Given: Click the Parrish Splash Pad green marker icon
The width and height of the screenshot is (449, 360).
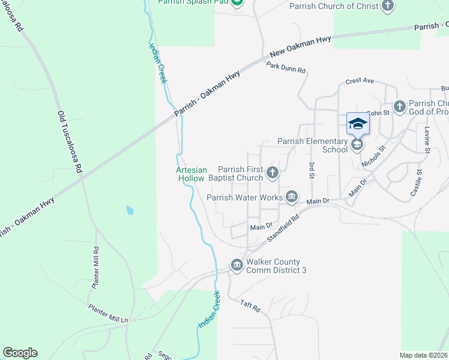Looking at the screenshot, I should pyautogui.click(x=237, y=2).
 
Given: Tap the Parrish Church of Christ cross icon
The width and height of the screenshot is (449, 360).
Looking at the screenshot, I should pyautogui.click(x=388, y=6).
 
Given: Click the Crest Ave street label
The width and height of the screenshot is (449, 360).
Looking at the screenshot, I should pyautogui.click(x=360, y=81).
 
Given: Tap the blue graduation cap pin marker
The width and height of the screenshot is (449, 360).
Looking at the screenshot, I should pyautogui.click(x=358, y=124).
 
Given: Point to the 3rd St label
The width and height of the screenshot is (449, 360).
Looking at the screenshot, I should pyautogui.click(x=312, y=170).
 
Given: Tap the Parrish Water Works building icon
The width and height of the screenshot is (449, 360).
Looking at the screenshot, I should pyautogui.click(x=292, y=197).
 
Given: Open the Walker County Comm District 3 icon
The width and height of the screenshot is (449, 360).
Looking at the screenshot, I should pyautogui.click(x=237, y=265).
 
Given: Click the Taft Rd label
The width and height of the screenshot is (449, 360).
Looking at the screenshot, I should pyautogui.click(x=250, y=306).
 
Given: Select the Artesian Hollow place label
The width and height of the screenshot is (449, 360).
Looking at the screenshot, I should pyautogui.click(x=191, y=174).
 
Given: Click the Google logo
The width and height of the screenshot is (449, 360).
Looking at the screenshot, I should pyautogui.click(x=20, y=353).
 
